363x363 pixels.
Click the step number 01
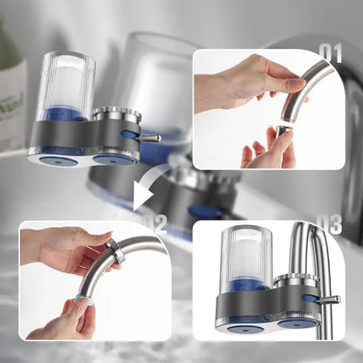[331, 53]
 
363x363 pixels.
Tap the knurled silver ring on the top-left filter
[116, 113]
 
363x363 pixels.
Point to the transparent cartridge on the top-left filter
[66, 84]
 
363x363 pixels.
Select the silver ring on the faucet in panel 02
[113, 253]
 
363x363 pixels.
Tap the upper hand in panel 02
[65, 252]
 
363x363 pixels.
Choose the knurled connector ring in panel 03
[298, 281]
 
